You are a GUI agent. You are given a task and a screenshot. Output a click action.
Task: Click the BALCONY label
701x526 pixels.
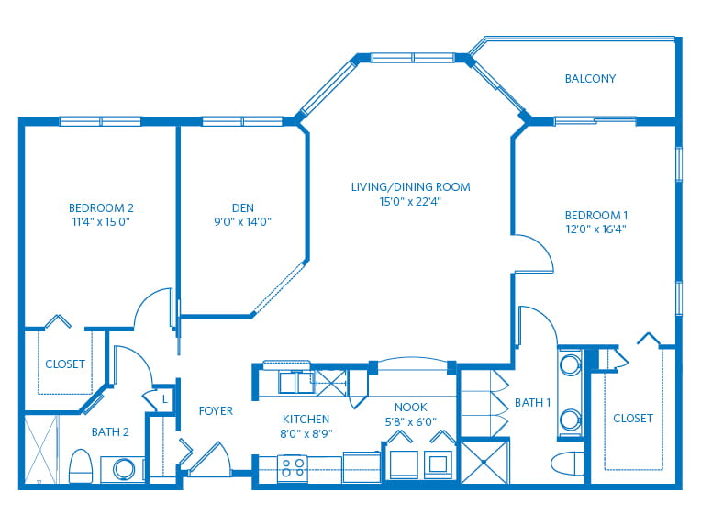coord(590,79)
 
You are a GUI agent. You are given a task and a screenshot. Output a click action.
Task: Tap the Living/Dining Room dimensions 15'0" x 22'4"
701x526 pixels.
coord(410,202)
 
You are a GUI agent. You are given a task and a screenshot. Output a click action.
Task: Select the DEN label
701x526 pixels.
coord(243,208)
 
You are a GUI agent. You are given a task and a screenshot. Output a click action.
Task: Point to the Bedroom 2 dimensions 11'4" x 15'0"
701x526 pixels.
coord(101,222)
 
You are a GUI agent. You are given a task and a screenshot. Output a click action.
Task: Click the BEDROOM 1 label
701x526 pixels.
coord(595,215)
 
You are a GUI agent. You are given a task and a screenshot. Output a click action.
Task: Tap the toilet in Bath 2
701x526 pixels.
coord(81,466)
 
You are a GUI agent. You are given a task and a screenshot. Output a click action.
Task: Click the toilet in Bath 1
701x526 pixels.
coord(568,463)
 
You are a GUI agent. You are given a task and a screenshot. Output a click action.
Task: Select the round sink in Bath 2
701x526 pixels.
coord(124,470)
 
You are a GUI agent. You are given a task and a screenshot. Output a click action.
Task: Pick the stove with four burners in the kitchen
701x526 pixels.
coord(293,469)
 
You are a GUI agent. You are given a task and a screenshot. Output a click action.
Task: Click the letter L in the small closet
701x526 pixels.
coord(164,399)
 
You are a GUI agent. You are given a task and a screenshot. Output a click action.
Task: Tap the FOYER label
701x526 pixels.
coord(216,411)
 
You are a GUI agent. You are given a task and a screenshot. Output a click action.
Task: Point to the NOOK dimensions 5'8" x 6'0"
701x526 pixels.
coord(410,421)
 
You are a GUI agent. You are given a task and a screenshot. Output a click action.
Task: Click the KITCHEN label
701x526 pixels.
coord(306,420)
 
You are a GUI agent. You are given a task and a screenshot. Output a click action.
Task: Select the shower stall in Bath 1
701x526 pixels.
coord(485,463)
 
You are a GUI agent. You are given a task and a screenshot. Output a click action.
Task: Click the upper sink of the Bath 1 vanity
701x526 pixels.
coord(570,365)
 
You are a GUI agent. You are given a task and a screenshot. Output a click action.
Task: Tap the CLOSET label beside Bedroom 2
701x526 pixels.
coord(65,364)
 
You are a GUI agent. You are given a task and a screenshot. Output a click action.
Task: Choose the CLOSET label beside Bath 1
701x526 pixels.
coord(632,419)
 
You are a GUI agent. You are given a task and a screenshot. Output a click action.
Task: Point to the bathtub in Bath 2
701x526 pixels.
coord(41,449)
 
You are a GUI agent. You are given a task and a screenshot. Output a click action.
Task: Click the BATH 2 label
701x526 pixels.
coord(110,432)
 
